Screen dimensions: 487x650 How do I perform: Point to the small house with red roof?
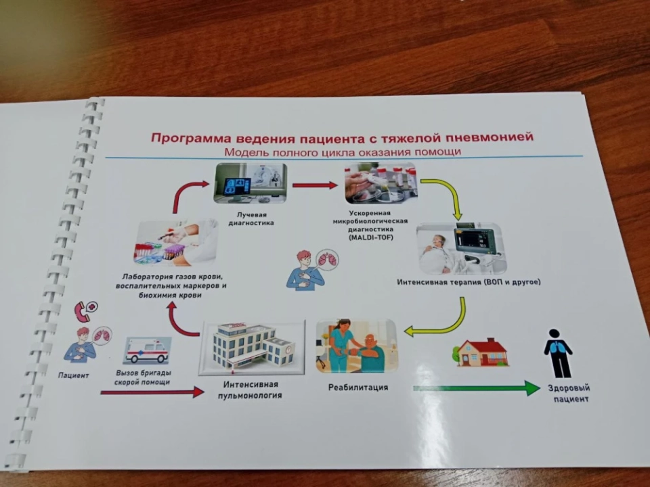pyautogui.click(x=482, y=352)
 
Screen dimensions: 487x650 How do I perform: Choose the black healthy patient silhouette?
pyautogui.click(x=558, y=352)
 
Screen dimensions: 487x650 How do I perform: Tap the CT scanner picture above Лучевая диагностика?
pyautogui.click(x=246, y=183)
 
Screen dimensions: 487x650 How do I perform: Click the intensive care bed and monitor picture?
pyautogui.click(x=461, y=248)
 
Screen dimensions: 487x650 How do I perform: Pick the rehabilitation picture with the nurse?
pyautogui.click(x=356, y=346)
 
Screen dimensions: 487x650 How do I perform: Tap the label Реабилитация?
pyautogui.click(x=358, y=388)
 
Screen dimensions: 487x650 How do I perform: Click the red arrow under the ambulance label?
pyautogui.click(x=152, y=392)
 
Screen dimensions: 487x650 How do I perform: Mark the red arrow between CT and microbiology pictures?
pyautogui.click(x=315, y=185)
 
